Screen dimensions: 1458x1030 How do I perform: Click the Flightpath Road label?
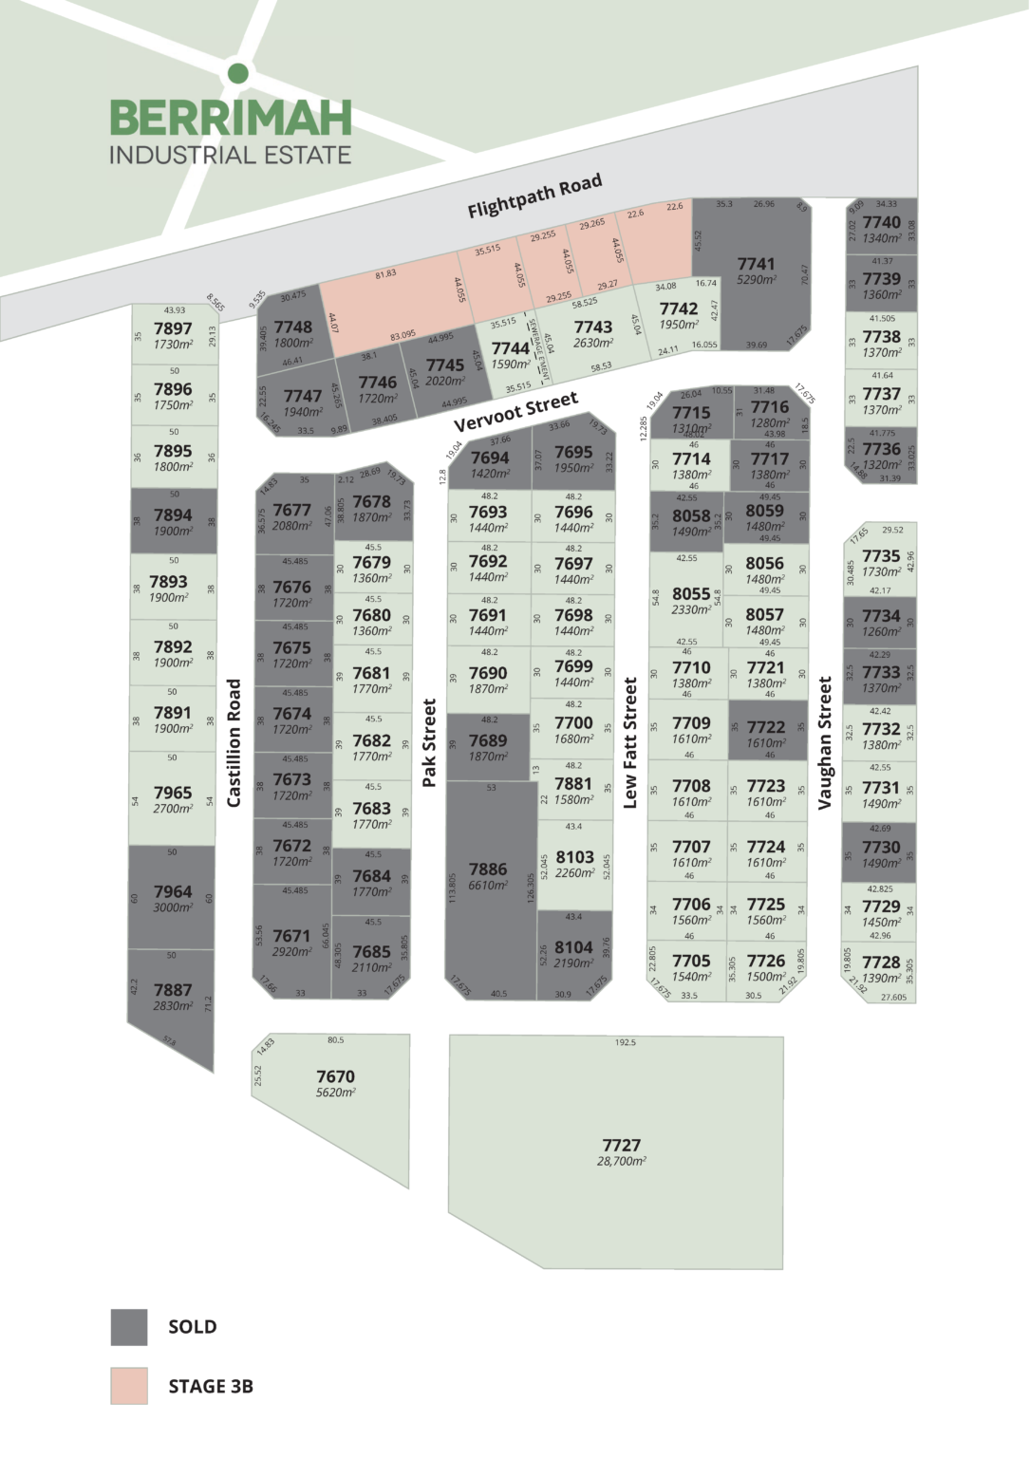pyautogui.click(x=534, y=196)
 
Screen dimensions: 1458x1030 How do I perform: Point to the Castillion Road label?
pyautogui.click(x=234, y=742)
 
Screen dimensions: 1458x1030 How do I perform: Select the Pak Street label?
pyautogui.click(x=429, y=742)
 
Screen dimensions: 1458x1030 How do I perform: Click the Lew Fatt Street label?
pyautogui.click(x=630, y=742)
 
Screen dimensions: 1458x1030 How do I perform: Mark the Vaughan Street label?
pyautogui.click(x=825, y=742)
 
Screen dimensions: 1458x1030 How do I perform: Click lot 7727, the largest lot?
pyautogui.click(x=621, y=1146)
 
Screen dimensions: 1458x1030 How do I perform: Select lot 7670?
pyautogui.click(x=335, y=1076)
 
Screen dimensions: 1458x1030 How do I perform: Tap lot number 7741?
pyautogui.click(x=756, y=264)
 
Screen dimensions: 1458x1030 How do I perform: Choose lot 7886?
pyautogui.click(x=487, y=869)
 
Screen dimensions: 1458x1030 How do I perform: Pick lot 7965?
pyautogui.click(x=173, y=793)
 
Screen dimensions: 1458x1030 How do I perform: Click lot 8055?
pyautogui.click(x=690, y=593)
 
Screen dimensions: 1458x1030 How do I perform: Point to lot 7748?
pyautogui.click(x=292, y=327)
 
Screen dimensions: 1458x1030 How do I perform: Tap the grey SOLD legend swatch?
pyautogui.click(x=129, y=1327)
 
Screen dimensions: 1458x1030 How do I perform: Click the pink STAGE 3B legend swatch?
pyautogui.click(x=129, y=1386)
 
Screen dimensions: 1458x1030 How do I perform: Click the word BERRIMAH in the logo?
pyautogui.click(x=231, y=118)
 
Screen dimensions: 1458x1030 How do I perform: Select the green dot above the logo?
pyautogui.click(x=238, y=73)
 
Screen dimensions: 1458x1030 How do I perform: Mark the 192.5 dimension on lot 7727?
pyautogui.click(x=625, y=1042)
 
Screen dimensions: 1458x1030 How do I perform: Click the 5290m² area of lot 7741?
pyautogui.click(x=756, y=281)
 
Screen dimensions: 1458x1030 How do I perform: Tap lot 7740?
pyautogui.click(x=881, y=222)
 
